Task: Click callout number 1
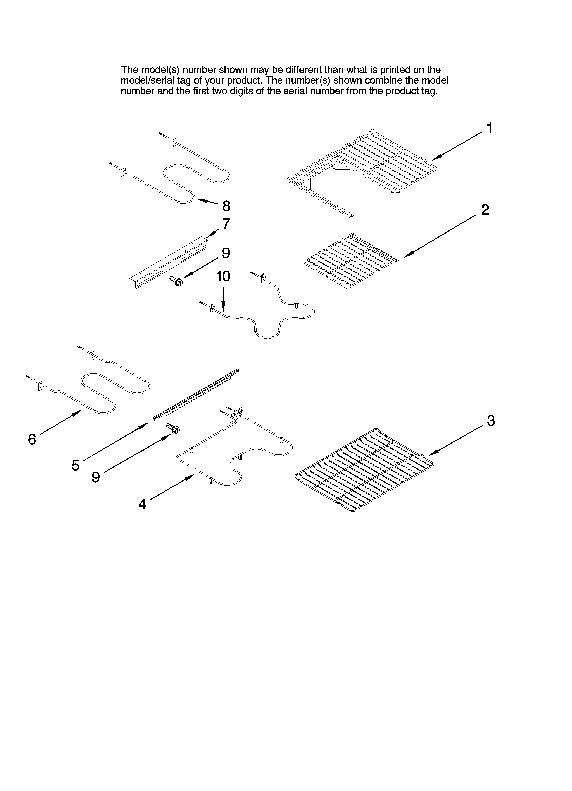[x=489, y=128]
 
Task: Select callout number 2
[x=485, y=210]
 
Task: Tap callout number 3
[x=491, y=421]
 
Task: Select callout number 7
[x=226, y=224]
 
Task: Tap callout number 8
[x=226, y=206]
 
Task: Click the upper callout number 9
[x=226, y=253]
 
